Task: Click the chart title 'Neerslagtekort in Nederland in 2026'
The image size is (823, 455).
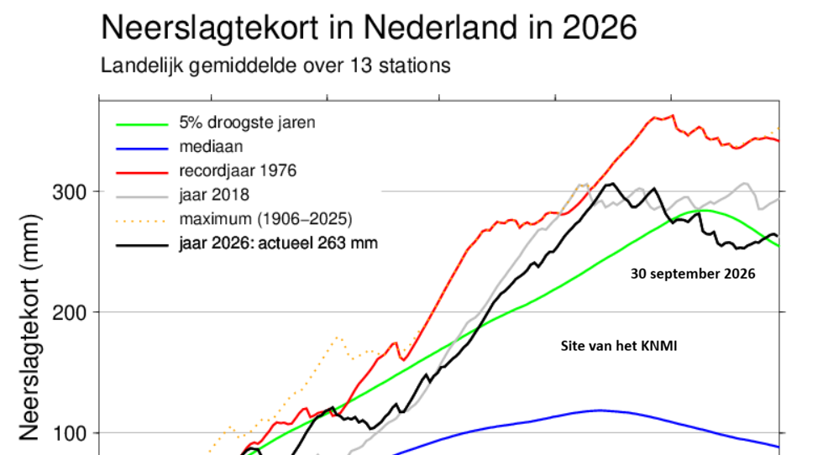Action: [x=369, y=28]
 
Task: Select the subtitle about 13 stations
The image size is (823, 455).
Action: [x=275, y=66]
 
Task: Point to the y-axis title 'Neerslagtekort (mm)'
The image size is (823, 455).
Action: [x=29, y=327]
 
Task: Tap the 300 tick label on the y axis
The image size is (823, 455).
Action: [x=69, y=192]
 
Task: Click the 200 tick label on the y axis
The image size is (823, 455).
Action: [x=69, y=313]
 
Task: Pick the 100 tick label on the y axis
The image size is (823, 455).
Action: [x=69, y=434]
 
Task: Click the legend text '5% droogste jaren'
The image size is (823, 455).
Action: [x=247, y=123]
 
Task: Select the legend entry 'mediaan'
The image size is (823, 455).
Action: [x=211, y=146]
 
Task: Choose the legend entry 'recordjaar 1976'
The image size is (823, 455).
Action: [x=238, y=171]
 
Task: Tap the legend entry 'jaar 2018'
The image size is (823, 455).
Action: [x=214, y=196]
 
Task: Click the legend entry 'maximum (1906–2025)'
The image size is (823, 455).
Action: [x=265, y=219]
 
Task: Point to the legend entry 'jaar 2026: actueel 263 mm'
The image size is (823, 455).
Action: [x=278, y=243]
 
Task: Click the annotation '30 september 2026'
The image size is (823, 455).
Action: [x=693, y=274]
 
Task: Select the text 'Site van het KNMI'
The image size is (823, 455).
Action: [x=619, y=347]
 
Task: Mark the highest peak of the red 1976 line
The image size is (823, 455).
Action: [x=673, y=116]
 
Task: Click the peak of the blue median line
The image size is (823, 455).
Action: [x=600, y=411]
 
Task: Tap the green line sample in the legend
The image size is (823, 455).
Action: [x=142, y=124]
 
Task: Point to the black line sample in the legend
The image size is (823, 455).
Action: [x=142, y=245]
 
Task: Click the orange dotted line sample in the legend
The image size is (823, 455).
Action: [x=142, y=221]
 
